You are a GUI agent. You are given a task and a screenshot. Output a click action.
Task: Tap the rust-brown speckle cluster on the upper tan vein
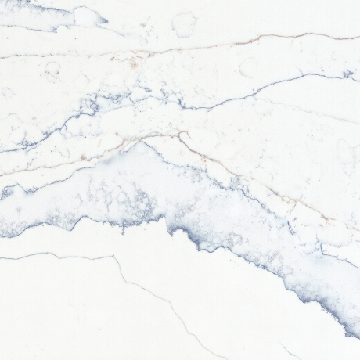coord(133,61)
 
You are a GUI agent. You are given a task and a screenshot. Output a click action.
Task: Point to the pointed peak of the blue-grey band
coord(143,142)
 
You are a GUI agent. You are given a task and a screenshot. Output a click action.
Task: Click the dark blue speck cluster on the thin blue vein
coord(347,74)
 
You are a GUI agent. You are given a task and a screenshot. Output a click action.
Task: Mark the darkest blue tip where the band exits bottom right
coord(351,333)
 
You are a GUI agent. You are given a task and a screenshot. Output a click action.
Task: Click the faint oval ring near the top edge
coord(184,25)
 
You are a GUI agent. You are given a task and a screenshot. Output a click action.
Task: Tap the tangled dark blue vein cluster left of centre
coord(90,106)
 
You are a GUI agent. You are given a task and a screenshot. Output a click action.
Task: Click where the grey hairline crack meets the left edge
coord(2,257)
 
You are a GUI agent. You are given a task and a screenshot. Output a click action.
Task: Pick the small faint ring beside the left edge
coord(7,92)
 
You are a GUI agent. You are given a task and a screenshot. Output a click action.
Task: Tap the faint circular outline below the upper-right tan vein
coord(249,67)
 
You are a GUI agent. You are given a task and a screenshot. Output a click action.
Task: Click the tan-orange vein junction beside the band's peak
coord(182,135)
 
